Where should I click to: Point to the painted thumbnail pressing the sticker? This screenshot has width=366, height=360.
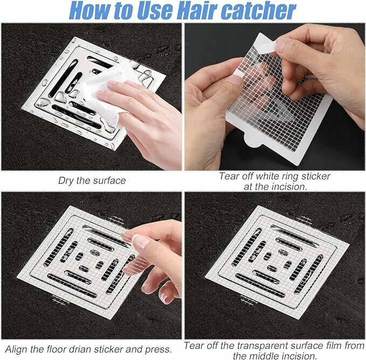pyautogui.click(x=140, y=241)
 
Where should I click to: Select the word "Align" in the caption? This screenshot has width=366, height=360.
pyautogui.click(x=16, y=350)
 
